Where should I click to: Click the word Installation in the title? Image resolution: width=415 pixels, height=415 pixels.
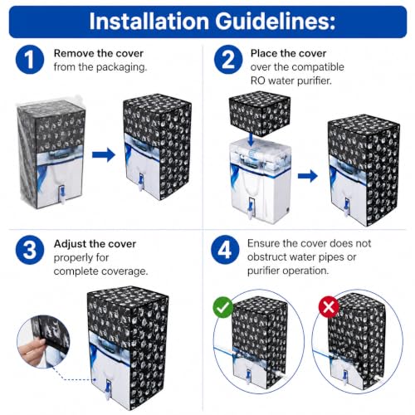point(149,22)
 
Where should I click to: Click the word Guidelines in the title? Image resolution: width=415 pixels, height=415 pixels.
point(276,22)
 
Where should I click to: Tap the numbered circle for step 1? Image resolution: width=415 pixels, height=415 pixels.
point(30,60)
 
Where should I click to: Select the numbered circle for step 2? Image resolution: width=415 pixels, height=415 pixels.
point(228,60)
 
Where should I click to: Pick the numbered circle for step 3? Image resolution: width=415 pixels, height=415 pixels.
point(30,250)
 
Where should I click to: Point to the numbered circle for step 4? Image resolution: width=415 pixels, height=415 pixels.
point(225,250)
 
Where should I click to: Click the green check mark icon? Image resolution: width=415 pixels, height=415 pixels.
point(223,307)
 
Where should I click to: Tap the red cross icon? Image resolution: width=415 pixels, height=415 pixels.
point(329,307)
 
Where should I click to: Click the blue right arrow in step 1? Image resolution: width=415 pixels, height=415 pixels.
point(104,155)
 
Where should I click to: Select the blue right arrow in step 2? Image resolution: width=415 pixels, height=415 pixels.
point(308,176)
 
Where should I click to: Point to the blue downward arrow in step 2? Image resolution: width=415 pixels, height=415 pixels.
point(251,139)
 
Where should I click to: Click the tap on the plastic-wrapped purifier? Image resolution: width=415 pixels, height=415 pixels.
point(62,194)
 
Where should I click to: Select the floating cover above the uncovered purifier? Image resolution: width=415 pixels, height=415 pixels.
point(260,115)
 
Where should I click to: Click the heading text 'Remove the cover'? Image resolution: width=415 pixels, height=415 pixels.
point(99,53)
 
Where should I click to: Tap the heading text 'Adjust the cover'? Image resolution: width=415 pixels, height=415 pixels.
point(95,244)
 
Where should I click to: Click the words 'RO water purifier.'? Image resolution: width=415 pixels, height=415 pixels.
point(291,81)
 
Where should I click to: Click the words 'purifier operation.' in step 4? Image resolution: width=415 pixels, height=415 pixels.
point(288,271)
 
